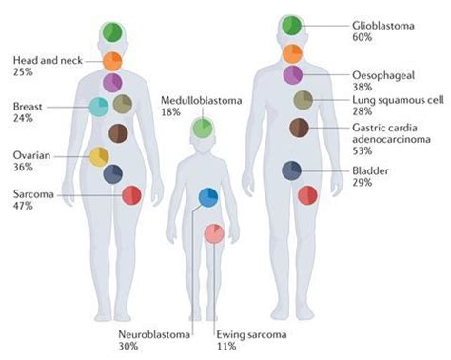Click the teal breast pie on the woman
(x=99, y=107)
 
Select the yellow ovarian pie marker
(x=99, y=156)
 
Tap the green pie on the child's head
(x=202, y=127)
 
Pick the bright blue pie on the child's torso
(x=208, y=197)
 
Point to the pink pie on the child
(x=215, y=232)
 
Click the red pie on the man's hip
(x=308, y=194)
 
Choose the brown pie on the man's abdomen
(x=300, y=127)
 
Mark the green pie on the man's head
(x=292, y=26)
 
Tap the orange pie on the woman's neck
(x=113, y=61)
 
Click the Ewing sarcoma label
(x=240, y=334)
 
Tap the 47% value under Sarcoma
(x=24, y=208)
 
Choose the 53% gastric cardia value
(x=363, y=150)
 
